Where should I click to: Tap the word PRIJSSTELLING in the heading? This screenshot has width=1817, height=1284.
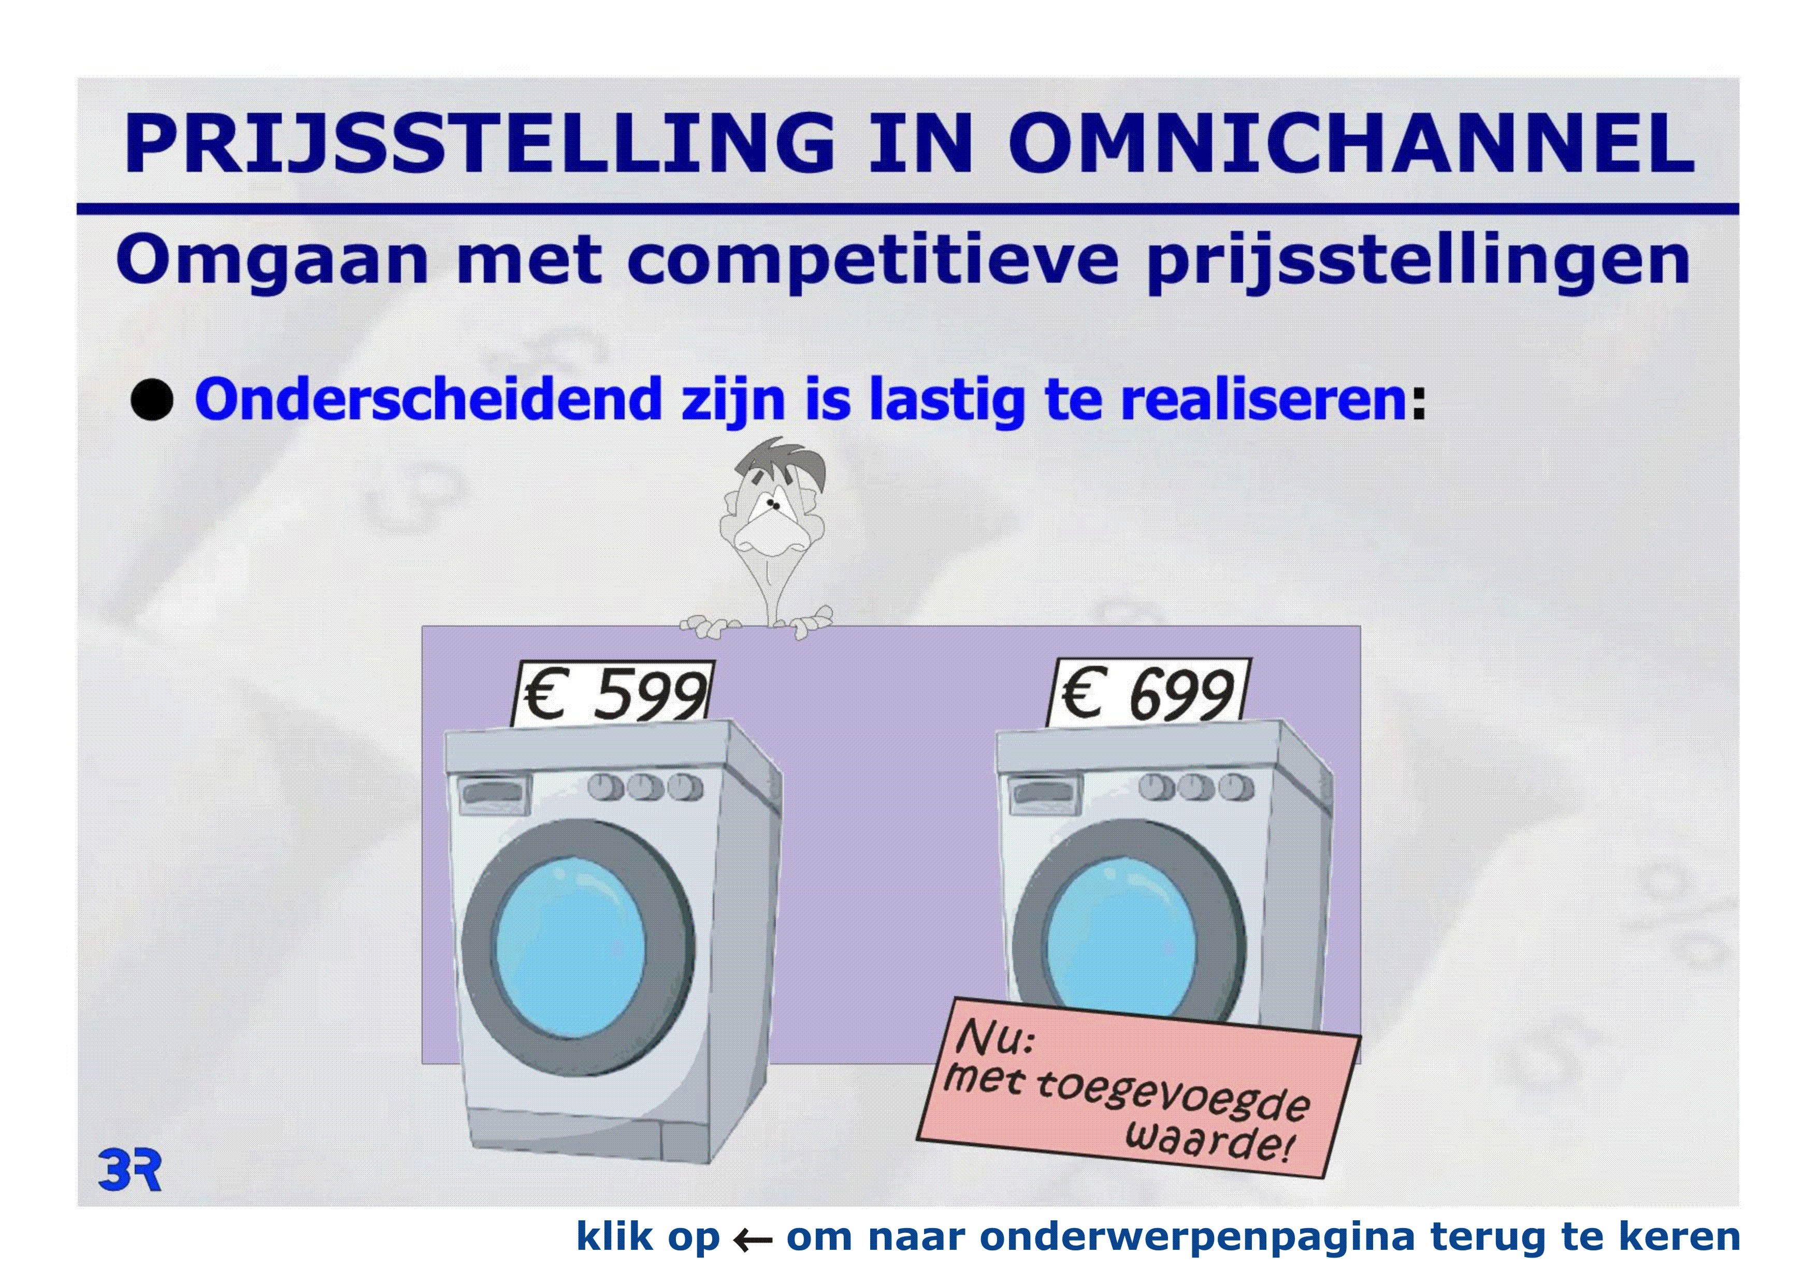(479, 142)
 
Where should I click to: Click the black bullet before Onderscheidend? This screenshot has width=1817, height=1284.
(151, 400)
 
